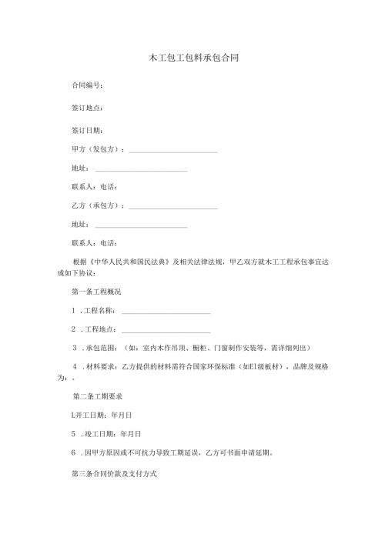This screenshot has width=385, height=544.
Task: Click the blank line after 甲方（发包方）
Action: pos(173,150)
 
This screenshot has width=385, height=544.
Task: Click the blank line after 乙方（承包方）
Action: pos(173,207)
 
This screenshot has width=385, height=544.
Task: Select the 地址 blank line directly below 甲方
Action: pos(141,169)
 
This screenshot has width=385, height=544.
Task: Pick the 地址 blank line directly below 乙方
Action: pos(141,226)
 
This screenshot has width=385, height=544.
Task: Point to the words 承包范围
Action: pos(99,348)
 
